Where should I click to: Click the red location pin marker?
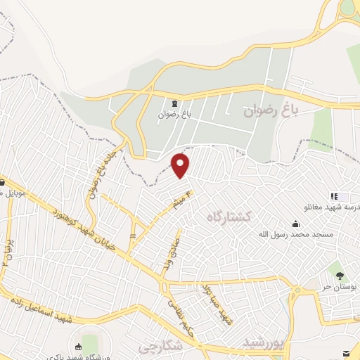point(181,165)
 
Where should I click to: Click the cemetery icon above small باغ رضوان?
point(174,103)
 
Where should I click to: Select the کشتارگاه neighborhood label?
point(229,217)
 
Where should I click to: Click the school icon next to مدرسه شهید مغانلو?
point(335,195)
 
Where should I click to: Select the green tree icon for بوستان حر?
point(340,275)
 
